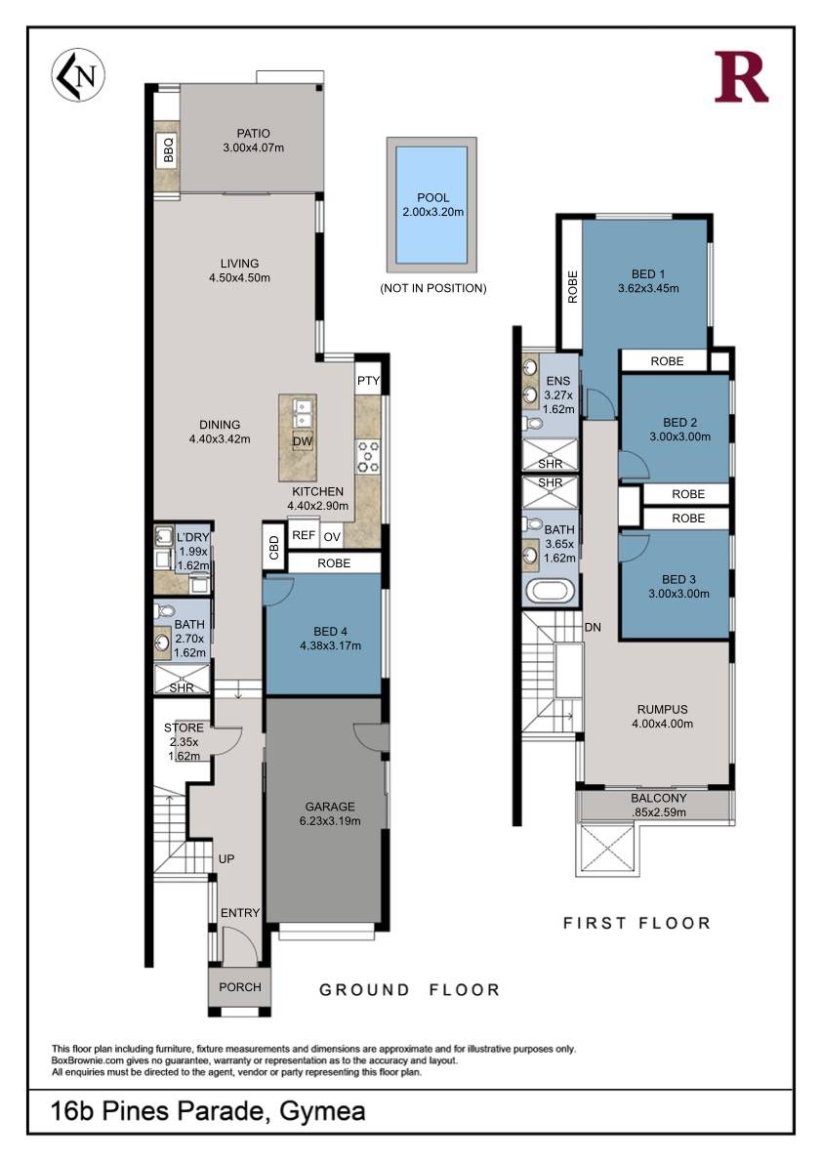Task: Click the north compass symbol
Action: point(78,75)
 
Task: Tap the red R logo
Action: point(740,76)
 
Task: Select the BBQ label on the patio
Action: point(168,150)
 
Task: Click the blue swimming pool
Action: point(431,204)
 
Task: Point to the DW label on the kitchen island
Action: point(303,441)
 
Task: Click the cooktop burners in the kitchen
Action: point(368,457)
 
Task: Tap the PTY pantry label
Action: point(368,381)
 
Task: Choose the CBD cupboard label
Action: point(274,548)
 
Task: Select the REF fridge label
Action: point(304,535)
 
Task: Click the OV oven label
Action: point(332,536)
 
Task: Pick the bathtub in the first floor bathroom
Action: point(549,592)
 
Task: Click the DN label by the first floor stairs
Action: point(593,627)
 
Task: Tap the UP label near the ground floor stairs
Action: point(226,858)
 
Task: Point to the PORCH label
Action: point(240,987)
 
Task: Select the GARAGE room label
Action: point(330,807)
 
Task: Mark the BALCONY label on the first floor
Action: point(659,798)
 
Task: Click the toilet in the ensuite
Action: point(533,424)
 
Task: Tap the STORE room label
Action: point(184,727)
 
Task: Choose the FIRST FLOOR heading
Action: point(636,923)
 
